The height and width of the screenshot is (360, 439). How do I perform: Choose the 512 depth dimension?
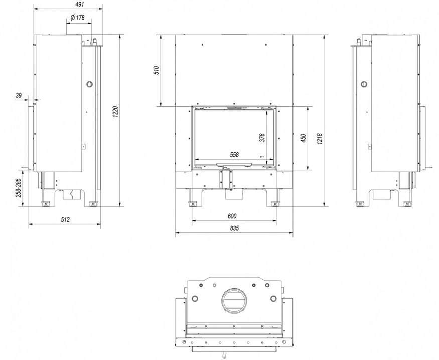pos(65,219)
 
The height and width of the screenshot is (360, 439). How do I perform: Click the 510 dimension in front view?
pos(156,70)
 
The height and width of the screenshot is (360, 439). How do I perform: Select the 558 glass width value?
pos(234,155)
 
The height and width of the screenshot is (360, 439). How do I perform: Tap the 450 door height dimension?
pos(303,138)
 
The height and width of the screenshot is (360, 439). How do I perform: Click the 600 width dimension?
pos(232,216)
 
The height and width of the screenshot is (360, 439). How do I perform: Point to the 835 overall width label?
pos(234,228)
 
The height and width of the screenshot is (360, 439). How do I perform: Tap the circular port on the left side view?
pos(89,84)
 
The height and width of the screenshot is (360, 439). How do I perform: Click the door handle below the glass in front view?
pos(234,164)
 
